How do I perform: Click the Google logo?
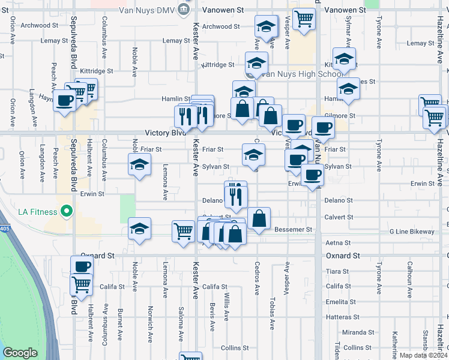point(20,353)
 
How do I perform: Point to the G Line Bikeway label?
point(412,231)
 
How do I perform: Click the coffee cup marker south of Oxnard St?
point(82,266)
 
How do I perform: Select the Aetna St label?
point(338,243)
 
